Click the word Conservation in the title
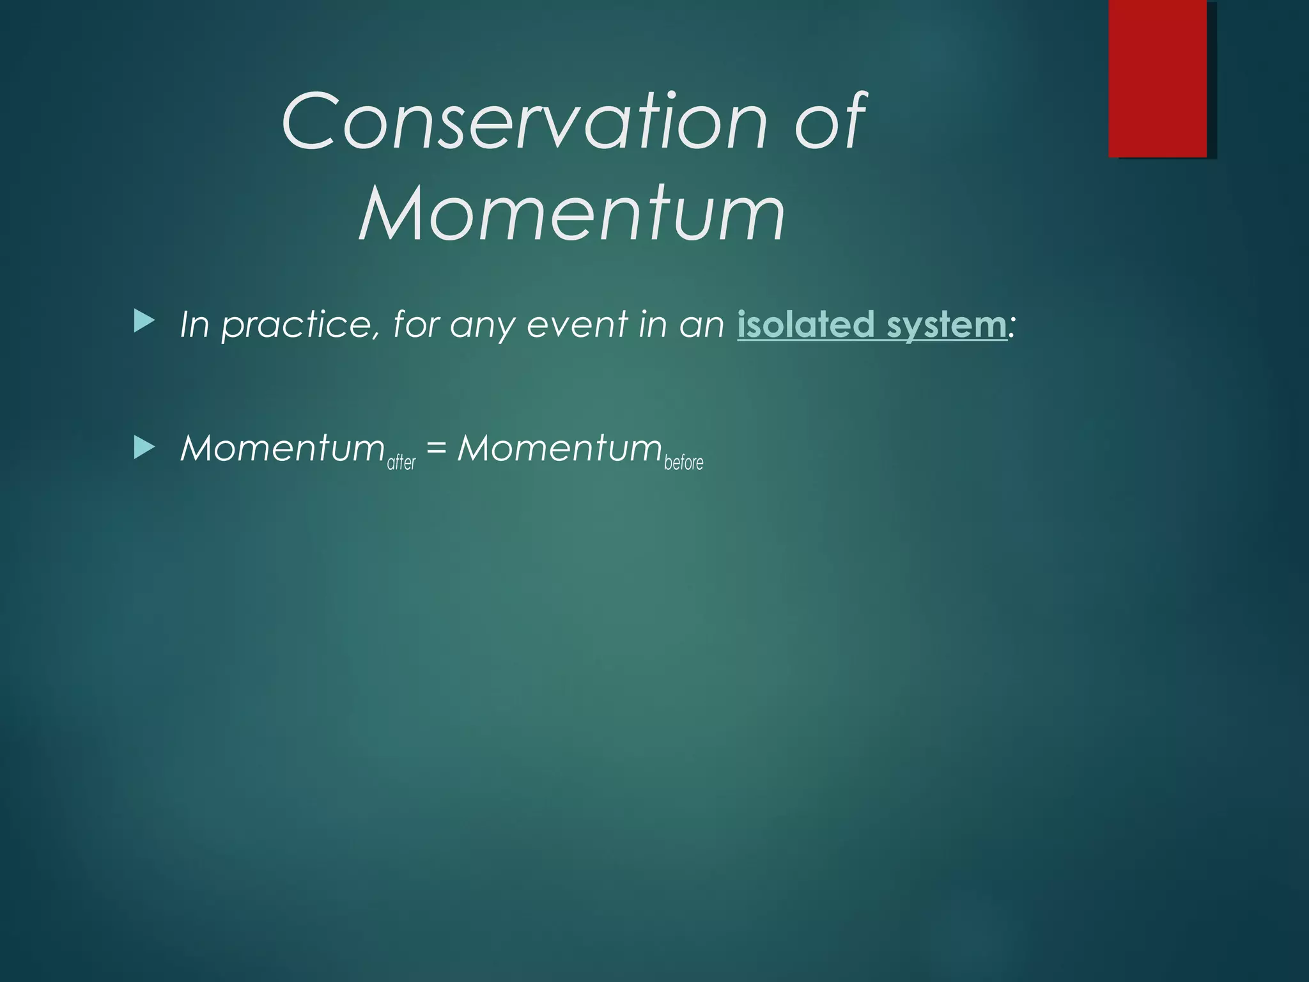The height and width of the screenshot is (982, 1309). [523, 121]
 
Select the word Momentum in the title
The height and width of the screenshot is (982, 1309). [571, 213]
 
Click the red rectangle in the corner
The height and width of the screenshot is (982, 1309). [1158, 78]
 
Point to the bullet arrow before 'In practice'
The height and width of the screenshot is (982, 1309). [144, 322]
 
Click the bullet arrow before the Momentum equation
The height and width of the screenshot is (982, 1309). [144, 448]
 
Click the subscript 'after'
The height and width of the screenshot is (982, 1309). [401, 462]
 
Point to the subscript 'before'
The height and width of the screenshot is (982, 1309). [683, 462]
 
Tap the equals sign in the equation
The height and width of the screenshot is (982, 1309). [436, 448]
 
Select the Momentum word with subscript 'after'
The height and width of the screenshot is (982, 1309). [282, 448]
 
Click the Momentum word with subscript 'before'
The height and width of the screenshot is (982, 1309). [559, 448]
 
